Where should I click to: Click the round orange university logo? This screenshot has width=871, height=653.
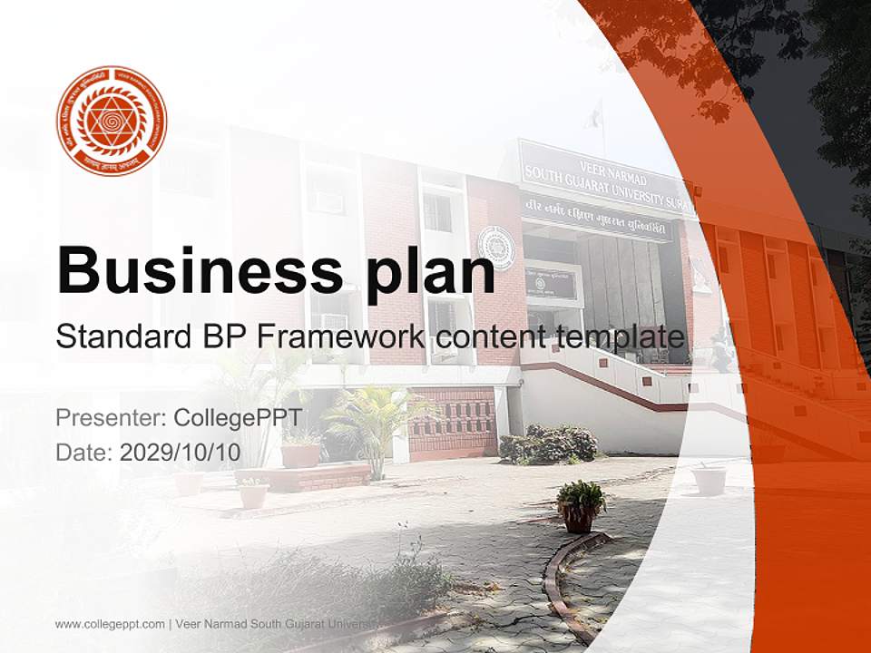[x=112, y=121]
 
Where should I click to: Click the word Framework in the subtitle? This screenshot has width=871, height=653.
[x=340, y=337]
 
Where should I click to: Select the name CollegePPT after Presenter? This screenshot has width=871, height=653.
[x=230, y=418]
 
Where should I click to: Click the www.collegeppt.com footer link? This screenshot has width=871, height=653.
[x=109, y=624]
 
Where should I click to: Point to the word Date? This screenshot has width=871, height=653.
[x=83, y=453]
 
